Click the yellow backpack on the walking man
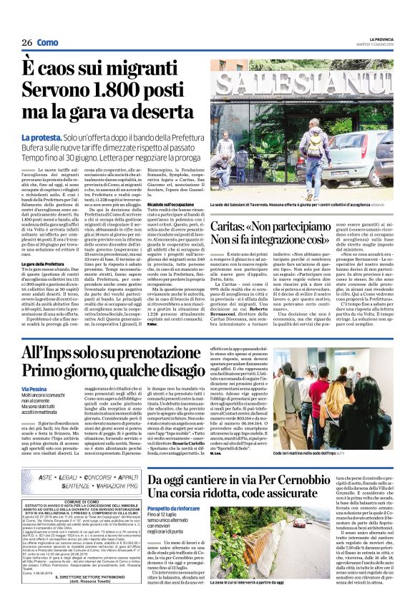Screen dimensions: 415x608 click(313, 143)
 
